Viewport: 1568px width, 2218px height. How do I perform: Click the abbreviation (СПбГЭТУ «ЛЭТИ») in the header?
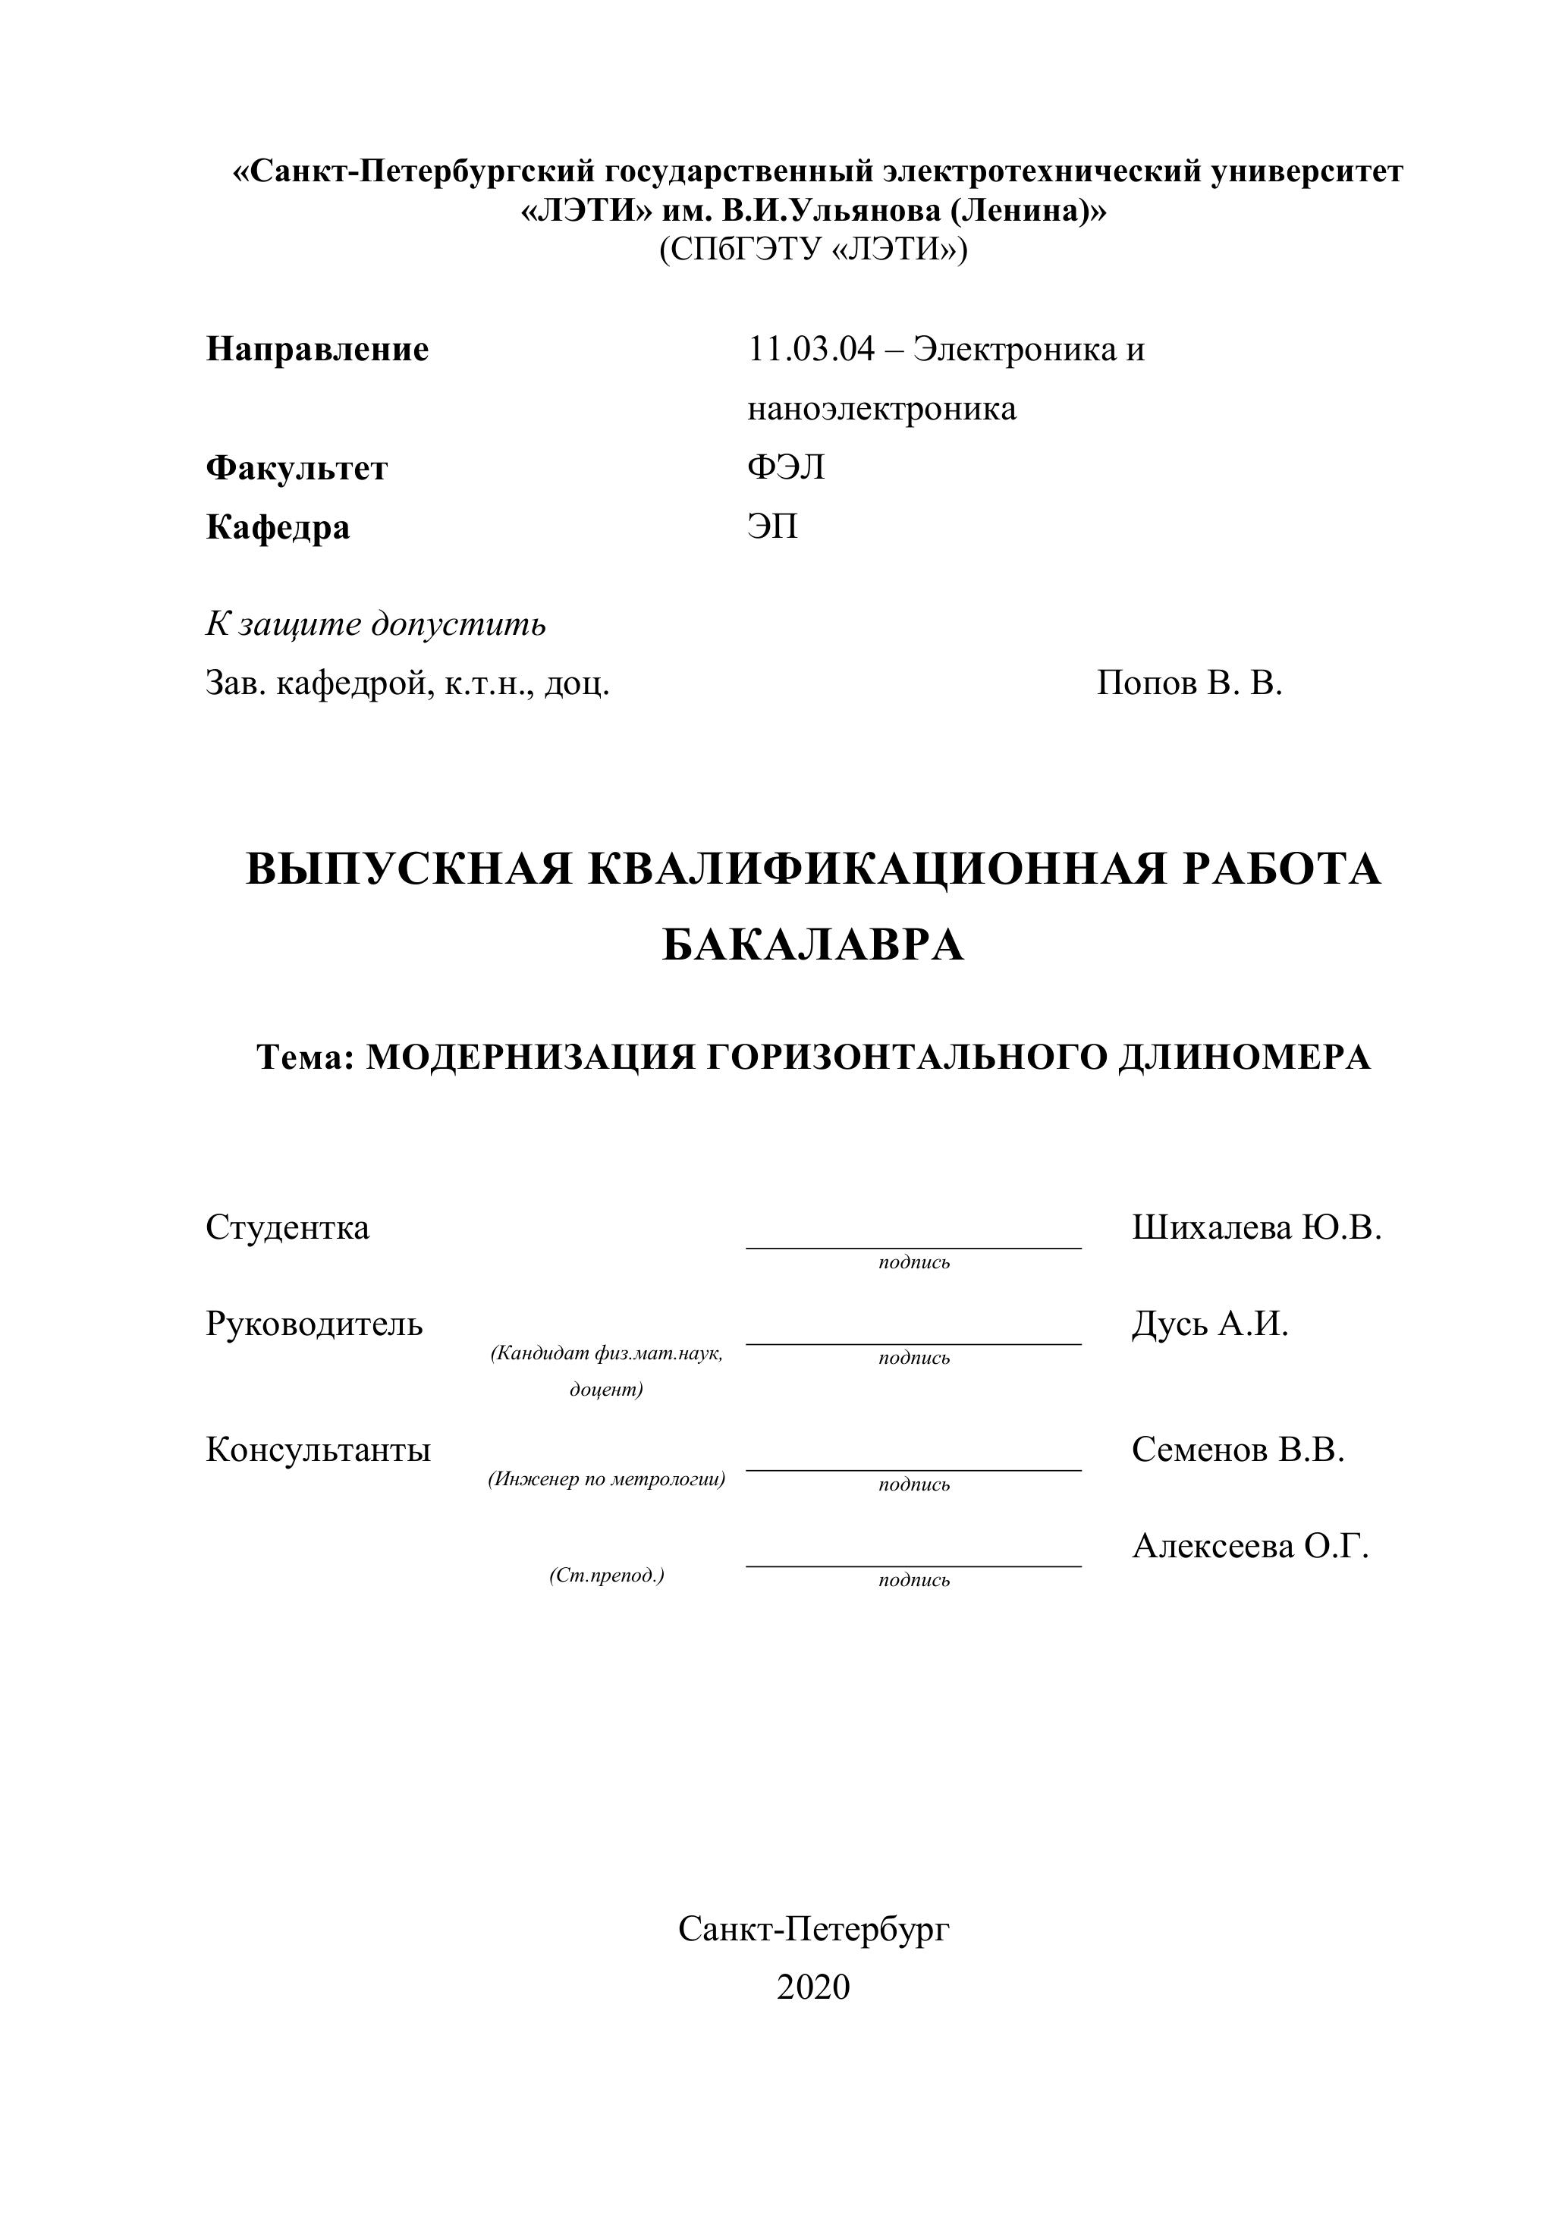[x=812, y=250]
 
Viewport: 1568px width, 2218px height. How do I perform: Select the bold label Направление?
[x=317, y=349]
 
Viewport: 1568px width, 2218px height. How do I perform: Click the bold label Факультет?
[x=297, y=469]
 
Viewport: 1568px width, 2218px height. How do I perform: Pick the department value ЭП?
[x=772, y=527]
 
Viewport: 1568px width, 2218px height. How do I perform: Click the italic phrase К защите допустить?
[x=376, y=624]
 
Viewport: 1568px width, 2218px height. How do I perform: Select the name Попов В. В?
[x=1189, y=684]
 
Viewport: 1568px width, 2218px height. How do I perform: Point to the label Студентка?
[x=287, y=1228]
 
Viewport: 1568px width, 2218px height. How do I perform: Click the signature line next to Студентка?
[x=913, y=1246]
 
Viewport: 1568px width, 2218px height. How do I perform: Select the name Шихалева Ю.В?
[x=1256, y=1228]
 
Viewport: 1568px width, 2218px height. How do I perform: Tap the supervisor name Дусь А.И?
[x=1210, y=1324]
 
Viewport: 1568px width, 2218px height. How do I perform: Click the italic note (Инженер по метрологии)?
[x=607, y=1479]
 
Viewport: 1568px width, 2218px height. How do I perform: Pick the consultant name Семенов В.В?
[x=1237, y=1450]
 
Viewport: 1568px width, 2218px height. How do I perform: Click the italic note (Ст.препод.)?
[x=607, y=1576]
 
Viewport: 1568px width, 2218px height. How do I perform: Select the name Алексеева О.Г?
[x=1250, y=1547]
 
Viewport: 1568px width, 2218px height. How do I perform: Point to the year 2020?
[x=812, y=1987]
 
